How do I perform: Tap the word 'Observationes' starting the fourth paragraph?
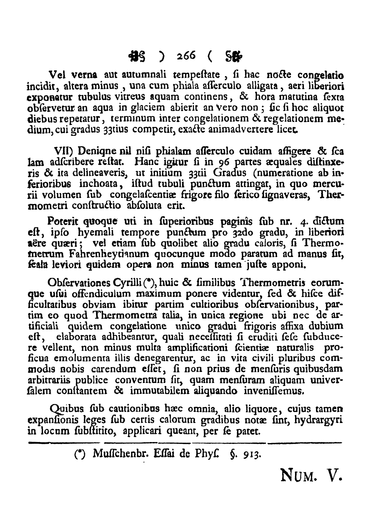(x=75, y=283)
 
